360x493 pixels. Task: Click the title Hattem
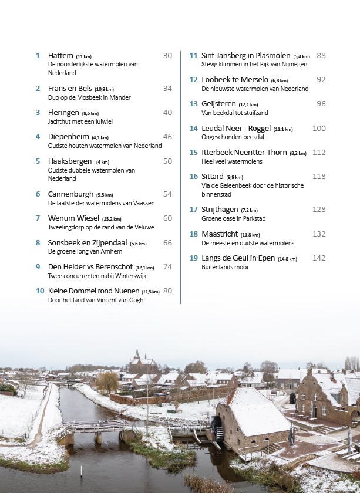point(60,55)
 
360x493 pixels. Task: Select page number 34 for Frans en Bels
point(167,89)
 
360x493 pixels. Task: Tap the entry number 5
point(38,161)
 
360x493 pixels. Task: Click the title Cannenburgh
point(70,194)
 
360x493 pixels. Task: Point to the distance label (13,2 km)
point(112,219)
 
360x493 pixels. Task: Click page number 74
point(167,266)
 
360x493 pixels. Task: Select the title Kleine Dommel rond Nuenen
point(93,291)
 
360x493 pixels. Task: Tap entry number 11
point(193,56)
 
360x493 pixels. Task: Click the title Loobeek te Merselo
point(234,79)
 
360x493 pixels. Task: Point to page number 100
point(319,128)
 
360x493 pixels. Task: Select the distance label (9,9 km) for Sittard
point(234,177)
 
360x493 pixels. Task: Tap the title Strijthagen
point(220,210)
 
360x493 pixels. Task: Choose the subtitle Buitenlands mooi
point(225,267)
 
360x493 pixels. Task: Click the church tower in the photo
point(137,356)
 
